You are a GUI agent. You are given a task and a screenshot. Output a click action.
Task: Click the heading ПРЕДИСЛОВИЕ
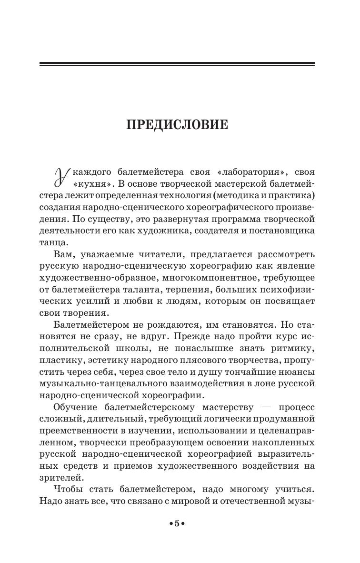177,125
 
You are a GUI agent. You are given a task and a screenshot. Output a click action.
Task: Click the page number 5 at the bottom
177,523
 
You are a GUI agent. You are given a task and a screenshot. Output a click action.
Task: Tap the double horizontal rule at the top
177,64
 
